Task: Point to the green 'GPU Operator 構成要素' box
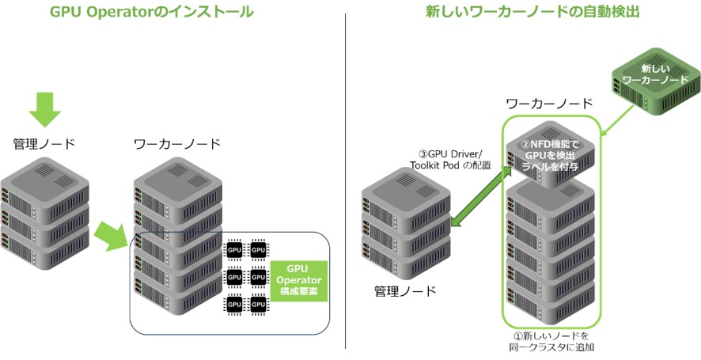tap(297, 280)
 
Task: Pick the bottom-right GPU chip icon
tap(258, 304)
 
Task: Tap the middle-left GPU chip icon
tap(234, 278)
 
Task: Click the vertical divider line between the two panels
tap(346, 182)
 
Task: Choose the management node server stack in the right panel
tap(404, 229)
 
